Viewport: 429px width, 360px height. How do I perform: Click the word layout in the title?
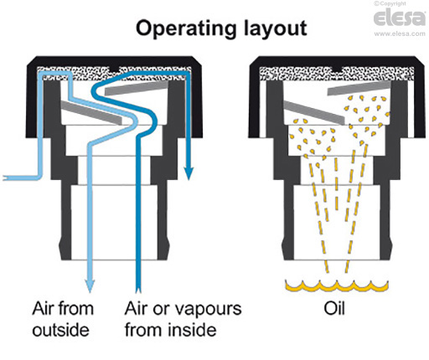tap(276, 28)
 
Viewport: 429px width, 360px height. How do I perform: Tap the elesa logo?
tap(400, 18)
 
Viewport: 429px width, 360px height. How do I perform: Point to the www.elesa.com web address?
tap(400, 33)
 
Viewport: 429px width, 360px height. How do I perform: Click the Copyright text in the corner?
tap(390, 3)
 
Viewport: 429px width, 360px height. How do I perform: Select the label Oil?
tap(334, 309)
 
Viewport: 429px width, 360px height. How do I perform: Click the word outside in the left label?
tap(60, 330)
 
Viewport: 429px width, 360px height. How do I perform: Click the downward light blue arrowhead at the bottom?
tap(90, 285)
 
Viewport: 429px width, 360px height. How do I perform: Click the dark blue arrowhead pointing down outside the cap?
tap(189, 173)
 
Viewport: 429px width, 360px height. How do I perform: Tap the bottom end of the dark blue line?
tap(137, 291)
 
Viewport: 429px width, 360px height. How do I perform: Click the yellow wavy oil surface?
tap(337, 285)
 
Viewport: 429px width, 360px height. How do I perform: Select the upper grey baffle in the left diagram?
tap(137, 88)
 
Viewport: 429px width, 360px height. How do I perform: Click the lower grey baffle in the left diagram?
tap(91, 112)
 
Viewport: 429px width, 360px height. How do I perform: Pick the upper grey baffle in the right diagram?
tap(359, 88)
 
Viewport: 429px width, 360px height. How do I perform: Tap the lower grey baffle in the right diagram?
tap(314, 112)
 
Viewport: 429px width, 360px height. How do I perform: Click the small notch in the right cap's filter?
tap(337, 69)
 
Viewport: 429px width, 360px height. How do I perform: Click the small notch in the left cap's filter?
tap(114, 69)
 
